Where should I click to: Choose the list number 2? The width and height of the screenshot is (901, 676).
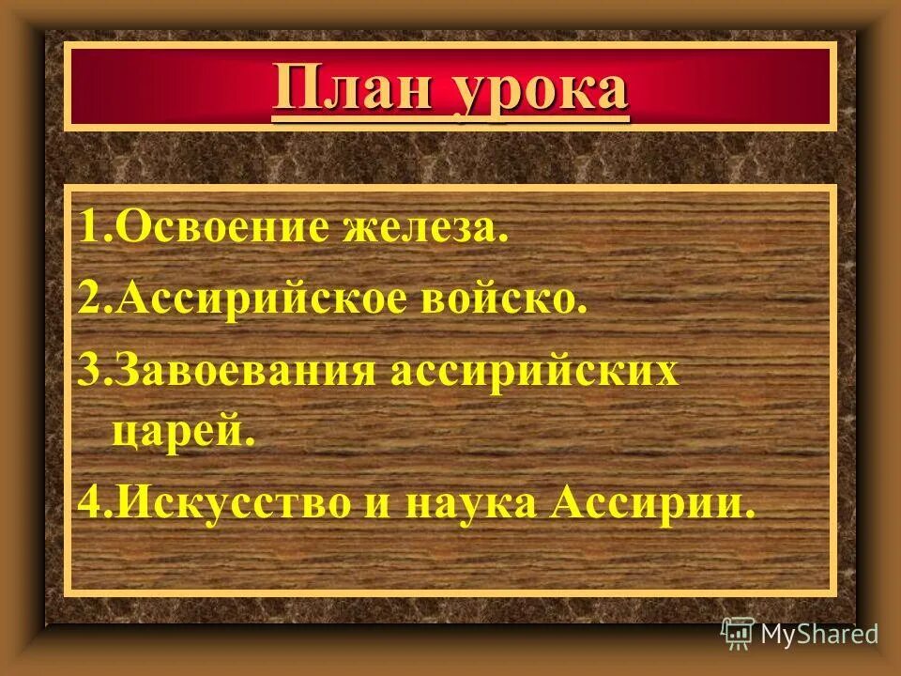90,301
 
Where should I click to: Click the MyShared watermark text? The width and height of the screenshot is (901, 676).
819,634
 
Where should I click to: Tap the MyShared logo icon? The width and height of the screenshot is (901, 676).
739,634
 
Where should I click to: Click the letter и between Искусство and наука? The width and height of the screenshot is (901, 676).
387,504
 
